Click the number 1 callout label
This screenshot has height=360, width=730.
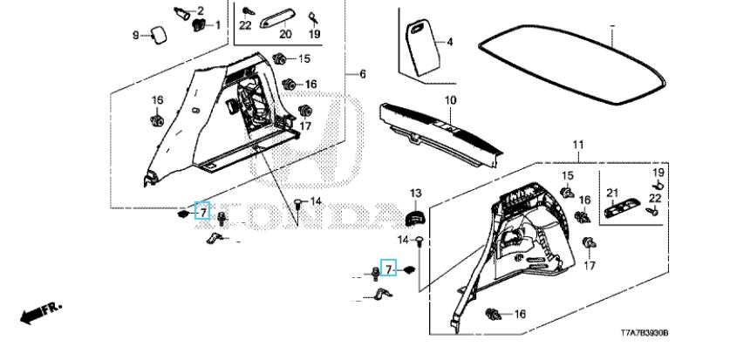pyautogui.click(x=217, y=24)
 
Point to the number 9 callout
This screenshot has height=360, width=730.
pyautogui.click(x=136, y=35)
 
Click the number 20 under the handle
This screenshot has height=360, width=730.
pyautogui.click(x=284, y=34)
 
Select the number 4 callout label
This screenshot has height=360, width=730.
pyautogui.click(x=450, y=42)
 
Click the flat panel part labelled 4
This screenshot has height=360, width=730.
pyautogui.click(x=422, y=48)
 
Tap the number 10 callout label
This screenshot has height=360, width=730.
pyautogui.click(x=450, y=102)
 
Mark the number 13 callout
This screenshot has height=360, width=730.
pyautogui.click(x=416, y=192)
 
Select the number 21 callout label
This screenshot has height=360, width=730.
pyautogui.click(x=612, y=193)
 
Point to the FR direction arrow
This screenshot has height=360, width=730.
pyautogui.click(x=36, y=311)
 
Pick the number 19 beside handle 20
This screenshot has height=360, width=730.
pyautogui.click(x=315, y=34)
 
